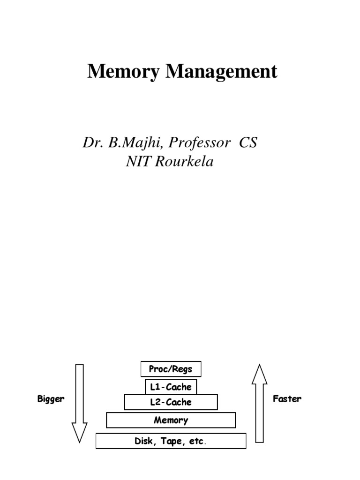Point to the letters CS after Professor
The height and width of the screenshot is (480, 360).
248,142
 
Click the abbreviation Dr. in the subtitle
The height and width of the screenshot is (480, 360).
93,142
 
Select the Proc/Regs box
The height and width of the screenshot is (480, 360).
171,369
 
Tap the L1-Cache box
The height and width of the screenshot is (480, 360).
171,387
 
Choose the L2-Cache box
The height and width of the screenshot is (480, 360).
171,402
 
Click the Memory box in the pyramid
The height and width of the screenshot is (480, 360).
171,420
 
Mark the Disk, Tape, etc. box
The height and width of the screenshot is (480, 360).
171,441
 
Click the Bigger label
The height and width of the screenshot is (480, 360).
51,399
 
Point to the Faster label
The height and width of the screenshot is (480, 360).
287,399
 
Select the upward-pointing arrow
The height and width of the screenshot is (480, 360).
259,403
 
